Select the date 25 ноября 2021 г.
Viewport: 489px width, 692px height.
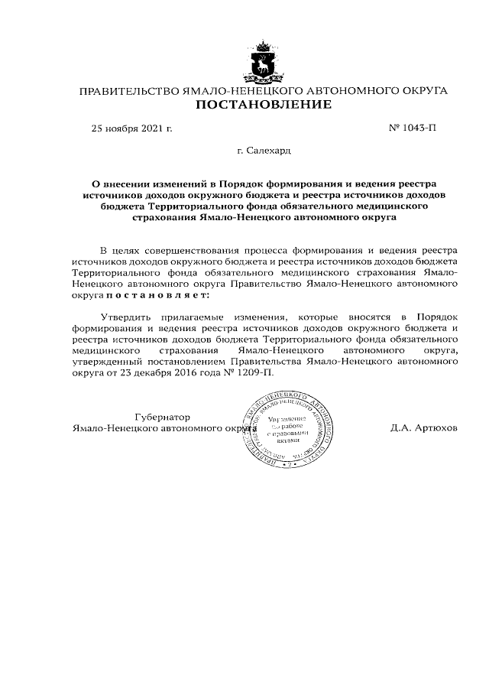click(131, 128)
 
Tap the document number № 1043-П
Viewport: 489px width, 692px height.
click(413, 128)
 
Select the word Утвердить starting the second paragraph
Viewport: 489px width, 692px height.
click(125, 317)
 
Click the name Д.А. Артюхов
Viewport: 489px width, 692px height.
click(423, 429)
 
